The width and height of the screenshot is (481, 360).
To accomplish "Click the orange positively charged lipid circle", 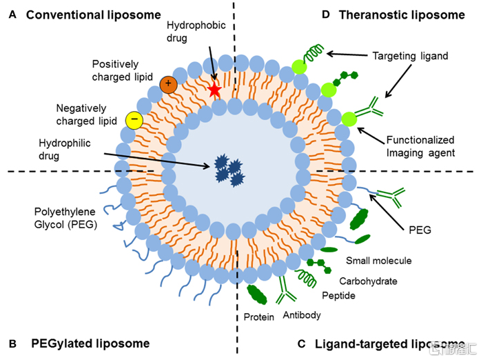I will coord(168,84).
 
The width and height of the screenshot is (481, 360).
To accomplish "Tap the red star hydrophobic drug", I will coord(214,90).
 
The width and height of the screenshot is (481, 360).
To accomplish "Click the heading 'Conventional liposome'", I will coord(94,14).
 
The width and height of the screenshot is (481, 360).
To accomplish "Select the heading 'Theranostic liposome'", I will coord(402,14).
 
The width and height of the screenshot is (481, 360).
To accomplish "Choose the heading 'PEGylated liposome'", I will coord(90,343).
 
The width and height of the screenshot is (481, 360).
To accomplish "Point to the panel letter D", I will coord(326,14).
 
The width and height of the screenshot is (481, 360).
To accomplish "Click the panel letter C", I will coord(301,343).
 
